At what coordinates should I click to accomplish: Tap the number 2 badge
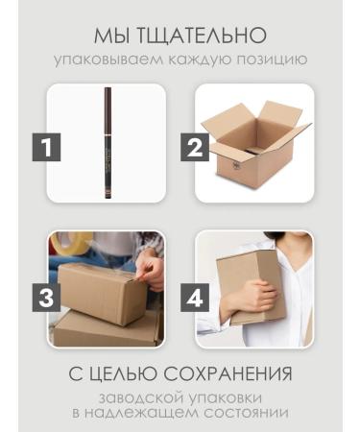coord(195,149)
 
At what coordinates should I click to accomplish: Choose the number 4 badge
coord(195,297)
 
